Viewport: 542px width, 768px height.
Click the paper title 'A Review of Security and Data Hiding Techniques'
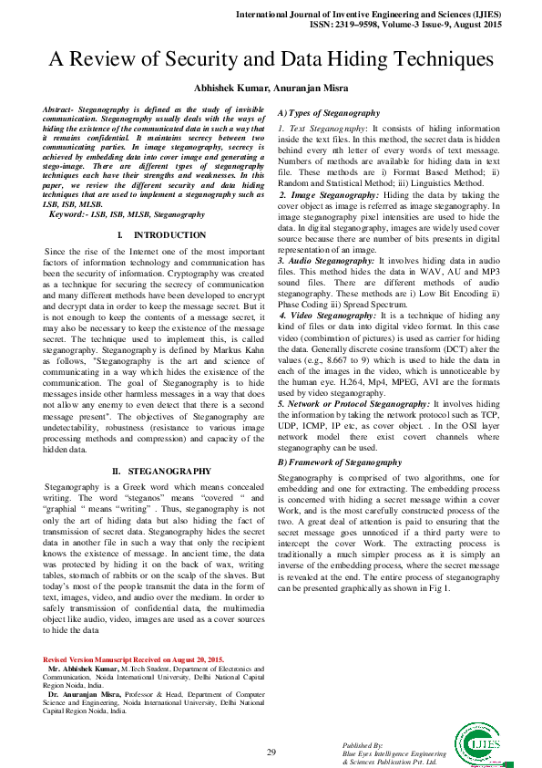point(271,59)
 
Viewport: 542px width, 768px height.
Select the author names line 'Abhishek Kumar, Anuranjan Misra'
point(271,88)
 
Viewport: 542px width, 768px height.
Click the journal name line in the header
point(387,16)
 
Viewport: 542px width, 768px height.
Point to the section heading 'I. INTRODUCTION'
point(152,235)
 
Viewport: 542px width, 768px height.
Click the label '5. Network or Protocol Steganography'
point(354,402)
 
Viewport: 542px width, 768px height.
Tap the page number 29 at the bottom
point(271,752)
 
